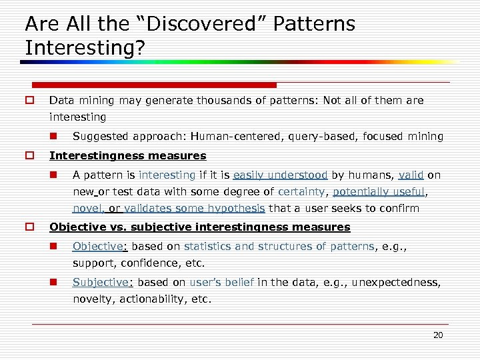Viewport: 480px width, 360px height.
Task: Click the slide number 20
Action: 438,335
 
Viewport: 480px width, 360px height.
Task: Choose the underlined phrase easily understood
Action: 280,175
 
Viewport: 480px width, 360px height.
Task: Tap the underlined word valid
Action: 411,175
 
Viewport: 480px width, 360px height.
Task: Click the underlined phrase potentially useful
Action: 379,192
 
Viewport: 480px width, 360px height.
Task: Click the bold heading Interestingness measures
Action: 128,156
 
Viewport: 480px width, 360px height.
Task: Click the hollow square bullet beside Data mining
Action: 29,101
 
